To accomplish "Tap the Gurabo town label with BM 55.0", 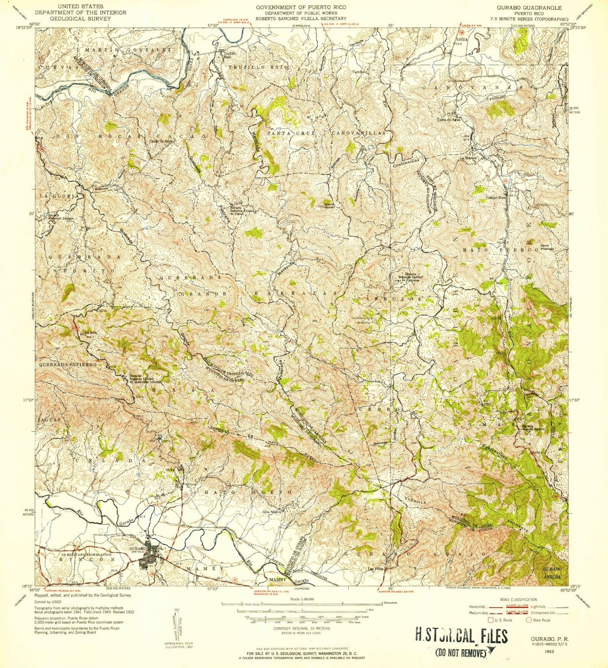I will pyautogui.click(x=137, y=549).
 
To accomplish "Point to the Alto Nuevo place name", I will pyautogui.click(x=272, y=511).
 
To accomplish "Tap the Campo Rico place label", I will pyautogui.click(x=496, y=198).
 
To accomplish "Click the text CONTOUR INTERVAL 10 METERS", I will pyautogui.click(x=302, y=628).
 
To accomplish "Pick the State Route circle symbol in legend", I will pyautogui.click(x=529, y=620).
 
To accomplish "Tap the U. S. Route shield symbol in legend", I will pyautogui.click(x=492, y=620).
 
